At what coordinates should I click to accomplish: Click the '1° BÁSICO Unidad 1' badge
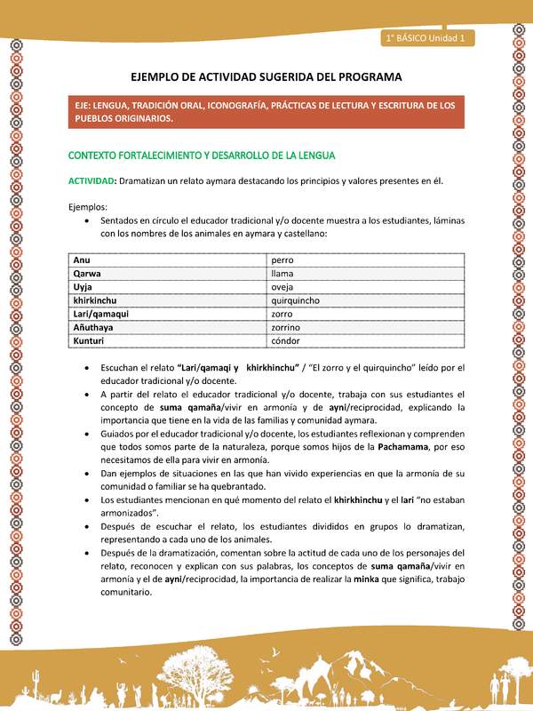coord(428,38)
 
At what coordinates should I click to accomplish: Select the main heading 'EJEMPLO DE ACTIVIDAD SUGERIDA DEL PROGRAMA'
coord(266,77)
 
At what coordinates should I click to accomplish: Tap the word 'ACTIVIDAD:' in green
coord(93,180)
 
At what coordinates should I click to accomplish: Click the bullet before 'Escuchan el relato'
coord(84,367)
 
